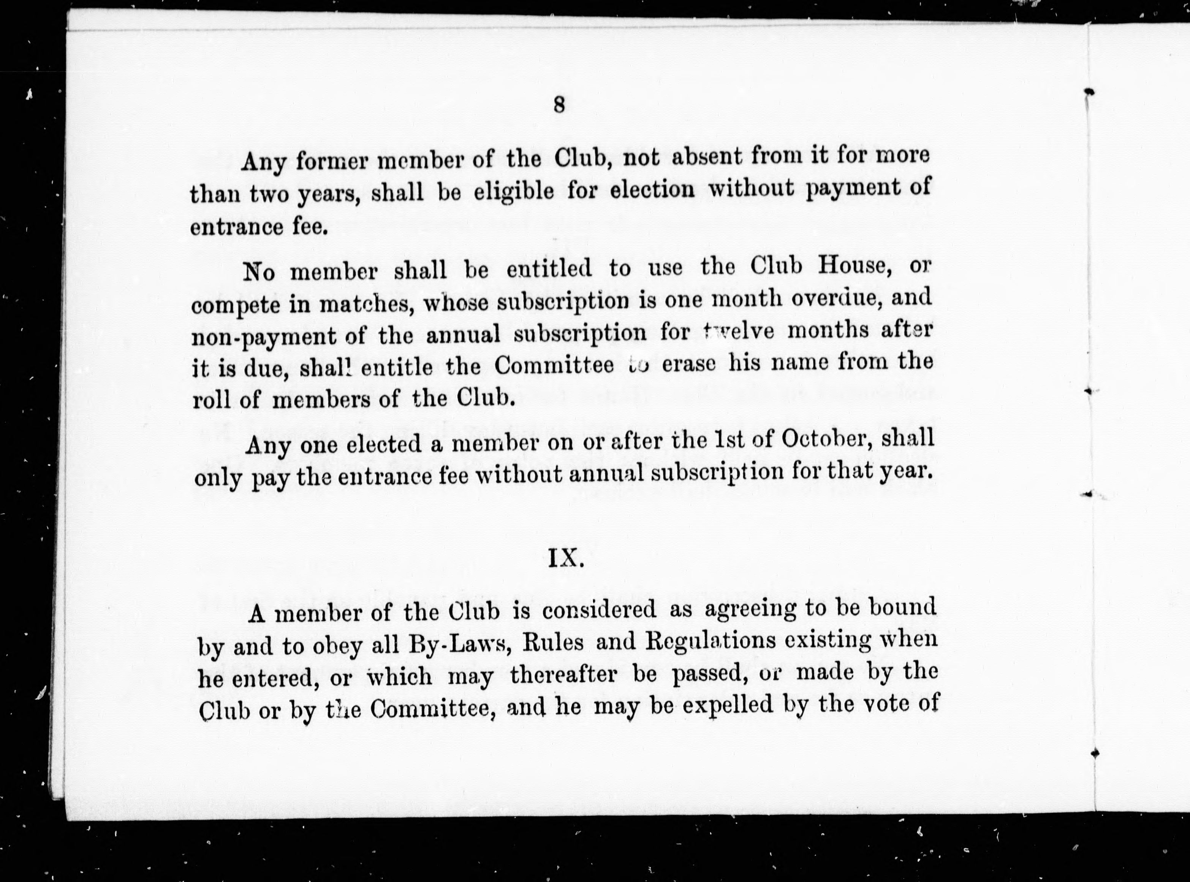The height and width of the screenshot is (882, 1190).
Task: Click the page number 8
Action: [x=559, y=105]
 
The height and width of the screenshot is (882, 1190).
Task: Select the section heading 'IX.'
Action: [x=566, y=558]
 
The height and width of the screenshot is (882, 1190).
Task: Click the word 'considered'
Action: [x=599, y=610]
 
